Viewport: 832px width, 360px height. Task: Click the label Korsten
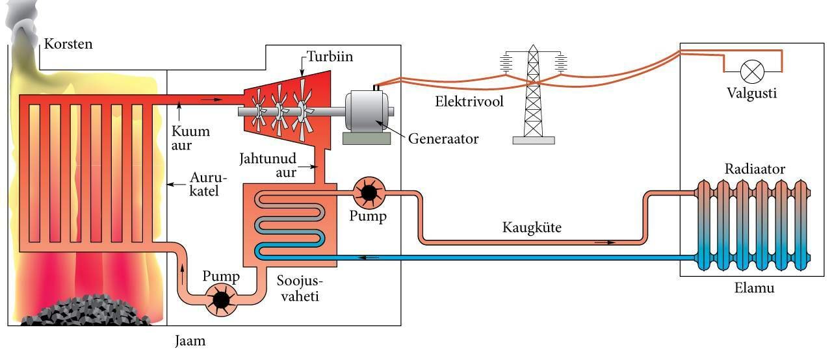pyautogui.click(x=68, y=45)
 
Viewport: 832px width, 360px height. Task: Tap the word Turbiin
pyautogui.click(x=330, y=57)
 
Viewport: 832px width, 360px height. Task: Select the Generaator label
pyautogui.click(x=444, y=139)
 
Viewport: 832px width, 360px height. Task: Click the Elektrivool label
pyautogui.click(x=469, y=102)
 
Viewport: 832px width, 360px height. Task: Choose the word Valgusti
pyautogui.click(x=752, y=94)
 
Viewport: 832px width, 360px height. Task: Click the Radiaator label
pyautogui.click(x=755, y=170)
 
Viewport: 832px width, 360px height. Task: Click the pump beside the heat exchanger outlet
pyautogui.click(x=369, y=191)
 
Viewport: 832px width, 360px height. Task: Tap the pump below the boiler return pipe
pyautogui.click(x=221, y=299)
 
